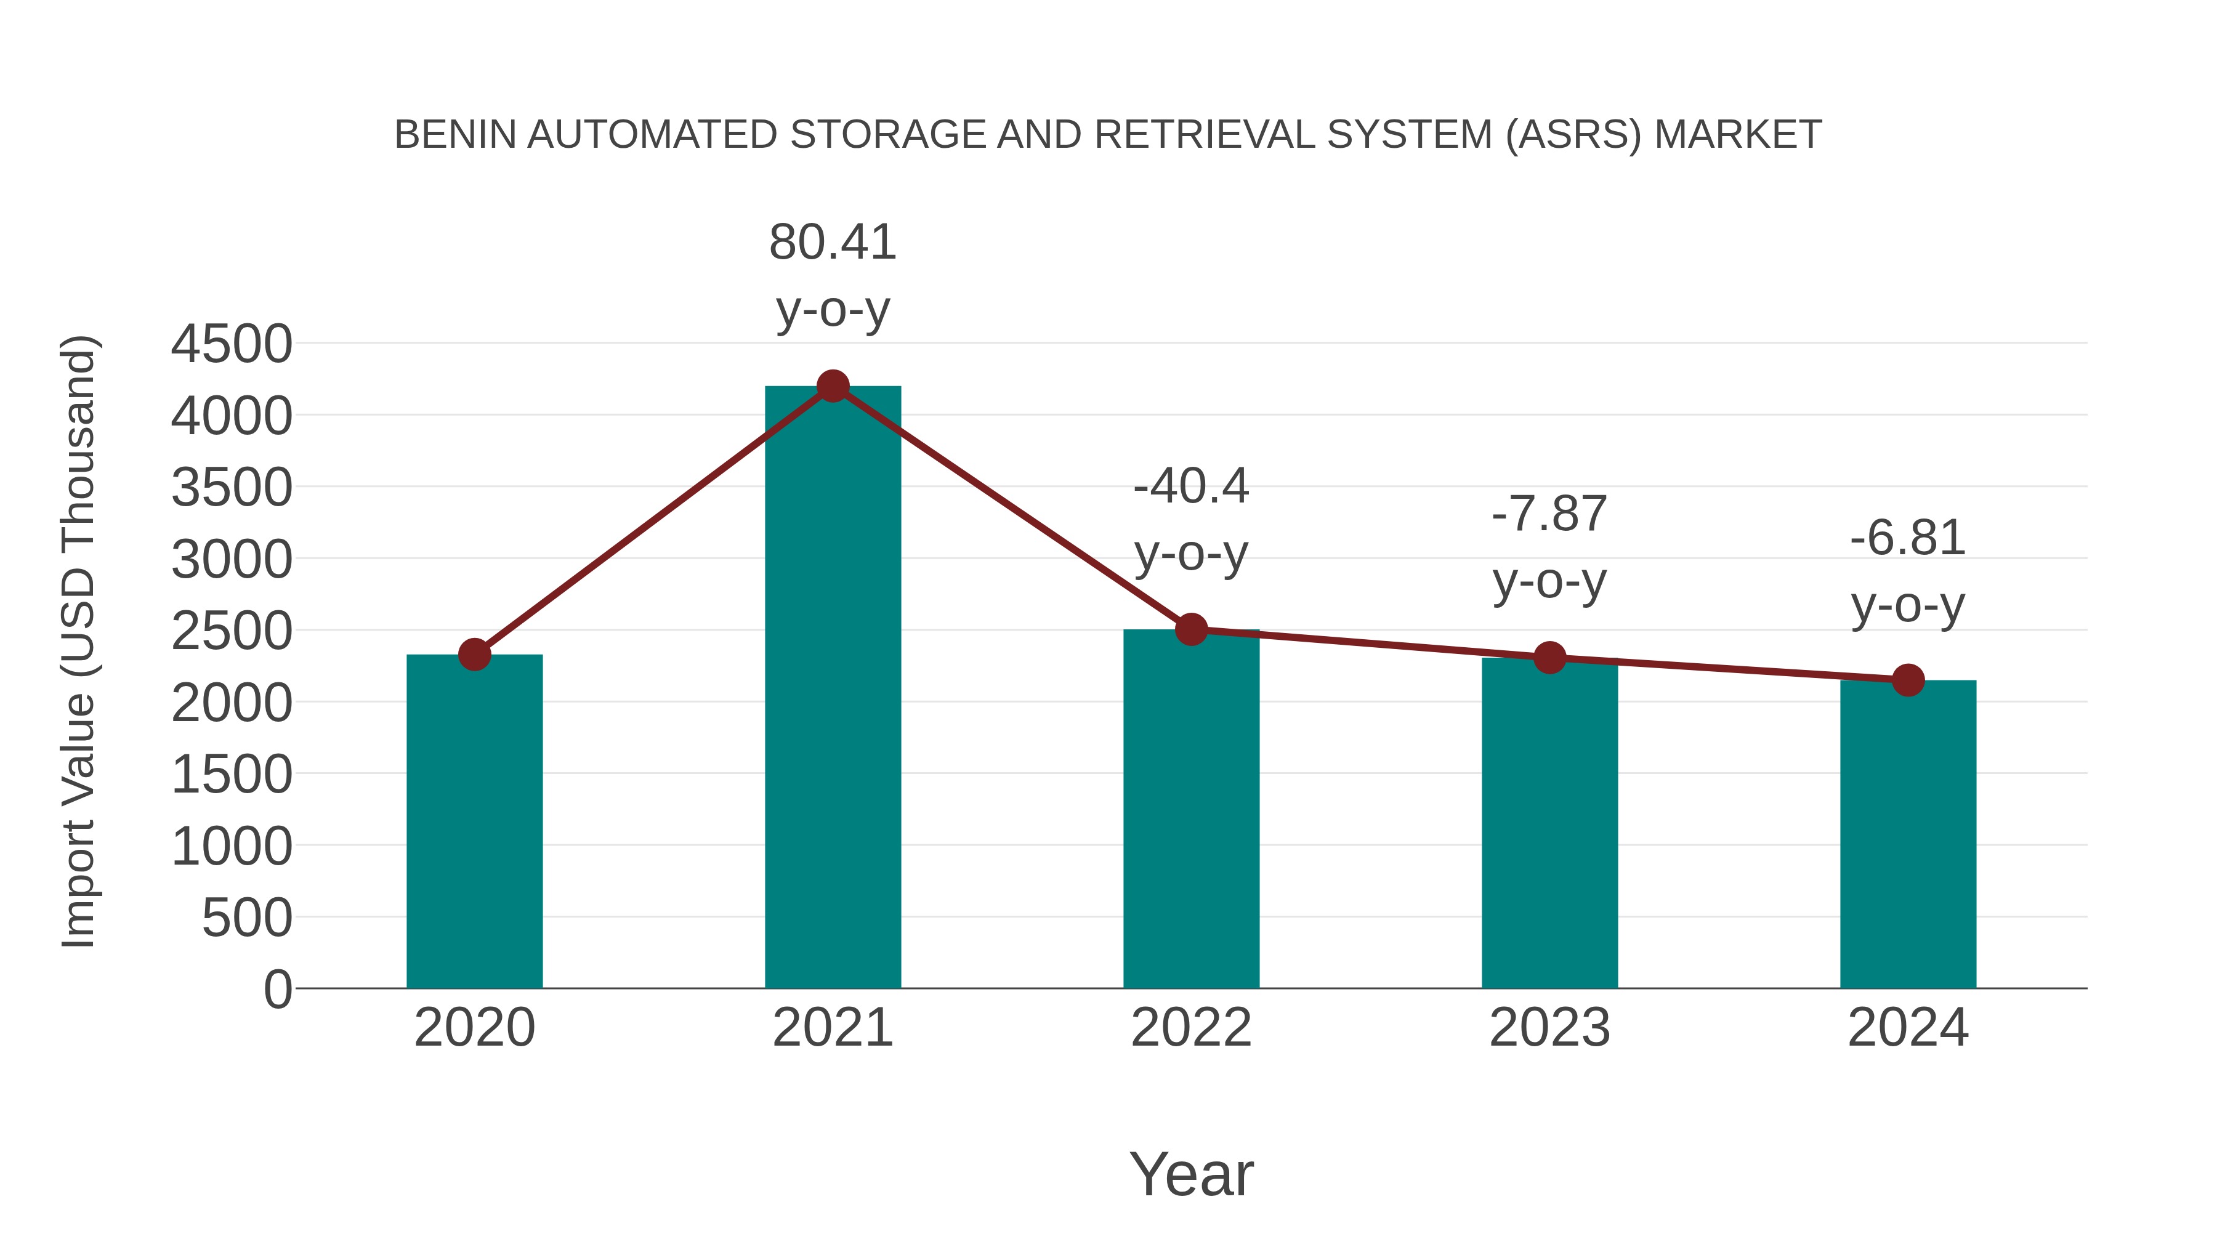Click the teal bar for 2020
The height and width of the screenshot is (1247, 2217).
[x=474, y=822]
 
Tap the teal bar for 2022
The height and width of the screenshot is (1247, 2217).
[x=1191, y=809]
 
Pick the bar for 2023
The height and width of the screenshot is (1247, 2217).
[x=1549, y=823]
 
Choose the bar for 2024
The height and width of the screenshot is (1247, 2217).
[x=1908, y=835]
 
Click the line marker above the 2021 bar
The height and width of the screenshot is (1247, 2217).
[x=832, y=386]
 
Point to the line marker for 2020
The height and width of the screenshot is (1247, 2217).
[x=474, y=655]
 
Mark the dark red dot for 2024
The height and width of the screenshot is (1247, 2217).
[x=1908, y=680]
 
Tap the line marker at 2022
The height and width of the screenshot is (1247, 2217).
[x=1191, y=630]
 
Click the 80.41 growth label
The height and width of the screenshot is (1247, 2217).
[x=832, y=243]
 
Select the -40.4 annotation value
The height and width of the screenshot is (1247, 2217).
[x=1191, y=487]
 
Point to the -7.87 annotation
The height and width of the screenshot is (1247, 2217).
[x=1549, y=515]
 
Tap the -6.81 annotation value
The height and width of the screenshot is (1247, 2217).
[x=1908, y=539]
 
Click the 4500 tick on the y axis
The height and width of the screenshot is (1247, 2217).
[x=232, y=344]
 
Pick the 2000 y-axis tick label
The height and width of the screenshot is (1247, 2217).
[x=232, y=703]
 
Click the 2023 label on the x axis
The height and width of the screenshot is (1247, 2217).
[x=1549, y=1028]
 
